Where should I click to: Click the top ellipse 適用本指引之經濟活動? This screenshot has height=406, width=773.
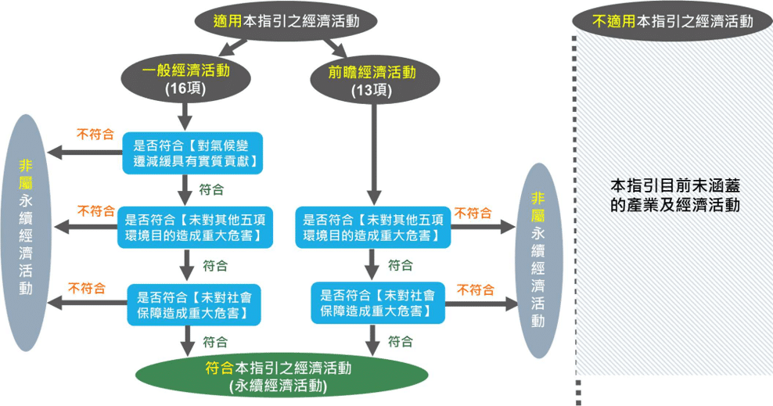pos(286,22)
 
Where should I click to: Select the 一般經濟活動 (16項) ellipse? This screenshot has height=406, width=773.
pos(185,79)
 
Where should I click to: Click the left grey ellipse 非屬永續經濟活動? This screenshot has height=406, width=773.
pos(28,232)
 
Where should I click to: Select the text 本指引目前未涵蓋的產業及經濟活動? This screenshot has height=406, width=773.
pos(674,196)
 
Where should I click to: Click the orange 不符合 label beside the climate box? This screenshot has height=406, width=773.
pos(95,134)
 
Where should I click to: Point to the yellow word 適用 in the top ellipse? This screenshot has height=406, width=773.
pos(228,22)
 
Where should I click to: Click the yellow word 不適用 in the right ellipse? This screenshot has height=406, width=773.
pos(615,22)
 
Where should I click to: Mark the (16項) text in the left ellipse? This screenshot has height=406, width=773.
pos(185,89)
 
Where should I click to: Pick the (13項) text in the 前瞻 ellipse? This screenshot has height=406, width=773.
pos(372,89)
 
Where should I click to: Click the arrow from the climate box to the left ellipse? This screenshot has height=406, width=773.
pos(86,152)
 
